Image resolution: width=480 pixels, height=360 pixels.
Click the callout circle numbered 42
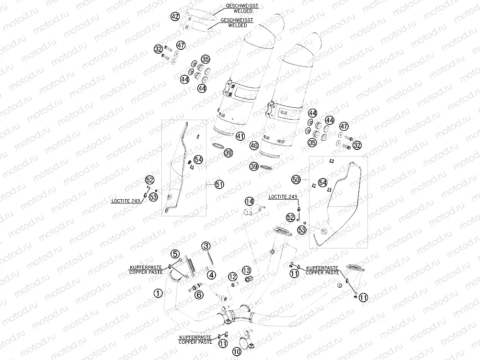tap(175, 17)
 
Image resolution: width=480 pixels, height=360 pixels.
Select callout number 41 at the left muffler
tap(240, 136)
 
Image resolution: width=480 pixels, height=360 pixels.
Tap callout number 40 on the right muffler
tap(254, 145)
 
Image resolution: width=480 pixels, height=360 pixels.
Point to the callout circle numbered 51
tap(219, 184)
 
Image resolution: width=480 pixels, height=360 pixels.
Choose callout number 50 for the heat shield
tap(296, 179)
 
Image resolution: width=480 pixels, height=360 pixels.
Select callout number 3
tap(206, 246)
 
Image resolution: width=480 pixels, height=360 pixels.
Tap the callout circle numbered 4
tap(212, 275)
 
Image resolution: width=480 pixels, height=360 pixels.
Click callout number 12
tap(232, 276)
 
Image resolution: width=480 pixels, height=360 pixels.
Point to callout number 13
tap(246, 270)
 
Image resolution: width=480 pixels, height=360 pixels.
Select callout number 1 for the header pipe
tap(157, 292)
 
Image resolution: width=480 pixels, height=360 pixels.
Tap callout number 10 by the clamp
tap(237, 351)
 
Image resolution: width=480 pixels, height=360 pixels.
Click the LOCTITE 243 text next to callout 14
tap(283, 197)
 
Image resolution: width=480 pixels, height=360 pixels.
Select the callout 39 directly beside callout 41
tap(229, 153)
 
